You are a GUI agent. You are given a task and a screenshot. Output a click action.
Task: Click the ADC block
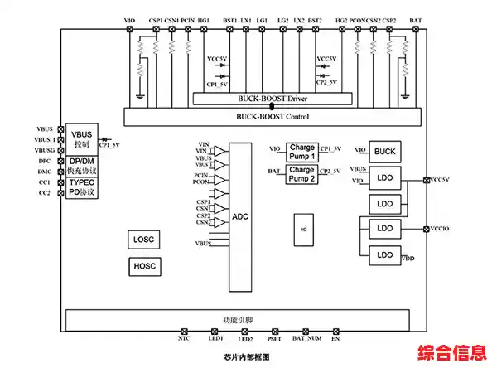point(239,216)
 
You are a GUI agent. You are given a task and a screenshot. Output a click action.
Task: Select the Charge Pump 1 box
point(301,151)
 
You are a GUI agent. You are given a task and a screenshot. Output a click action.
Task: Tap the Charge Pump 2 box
point(301,173)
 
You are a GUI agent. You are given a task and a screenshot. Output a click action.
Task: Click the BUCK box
point(385,151)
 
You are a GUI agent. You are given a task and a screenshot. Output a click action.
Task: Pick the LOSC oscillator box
point(143,240)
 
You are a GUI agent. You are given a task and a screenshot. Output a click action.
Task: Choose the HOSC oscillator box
point(143,266)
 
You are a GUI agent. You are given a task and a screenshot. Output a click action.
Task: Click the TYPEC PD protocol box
point(82,187)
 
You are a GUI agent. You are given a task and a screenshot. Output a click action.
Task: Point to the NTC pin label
point(184,339)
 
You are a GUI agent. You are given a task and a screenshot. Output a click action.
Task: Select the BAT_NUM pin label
point(306,339)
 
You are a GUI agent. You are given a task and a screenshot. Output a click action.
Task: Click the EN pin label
point(335,339)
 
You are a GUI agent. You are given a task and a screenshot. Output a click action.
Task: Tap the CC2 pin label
point(45,193)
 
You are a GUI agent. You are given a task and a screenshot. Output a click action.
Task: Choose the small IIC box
point(304,228)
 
